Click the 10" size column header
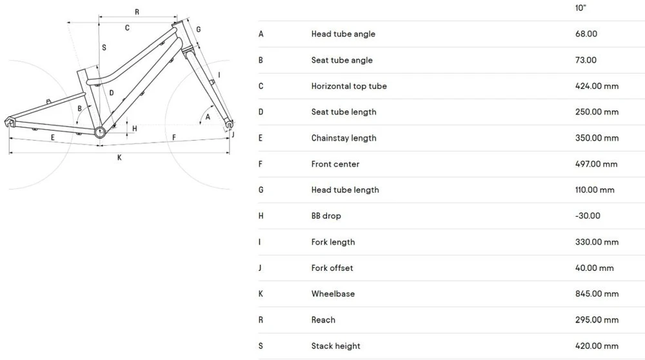tap(580, 8)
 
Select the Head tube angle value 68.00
tap(586, 34)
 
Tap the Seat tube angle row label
tap(342, 60)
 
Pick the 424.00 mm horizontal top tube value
tap(597, 86)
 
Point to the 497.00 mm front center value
tap(597, 164)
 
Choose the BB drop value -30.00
tap(588, 216)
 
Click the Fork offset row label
tap(332, 268)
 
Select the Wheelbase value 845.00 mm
tap(597, 294)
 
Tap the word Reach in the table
tap(323, 320)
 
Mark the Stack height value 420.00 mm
tap(597, 346)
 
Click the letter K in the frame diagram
tap(119, 157)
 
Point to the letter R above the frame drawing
tap(137, 12)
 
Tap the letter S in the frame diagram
tap(104, 48)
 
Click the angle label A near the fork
tap(208, 117)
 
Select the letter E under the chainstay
tap(53, 137)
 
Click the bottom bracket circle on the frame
tap(100, 132)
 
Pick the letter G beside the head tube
tap(198, 30)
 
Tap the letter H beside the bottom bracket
tap(135, 129)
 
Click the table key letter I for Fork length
tap(259, 242)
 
